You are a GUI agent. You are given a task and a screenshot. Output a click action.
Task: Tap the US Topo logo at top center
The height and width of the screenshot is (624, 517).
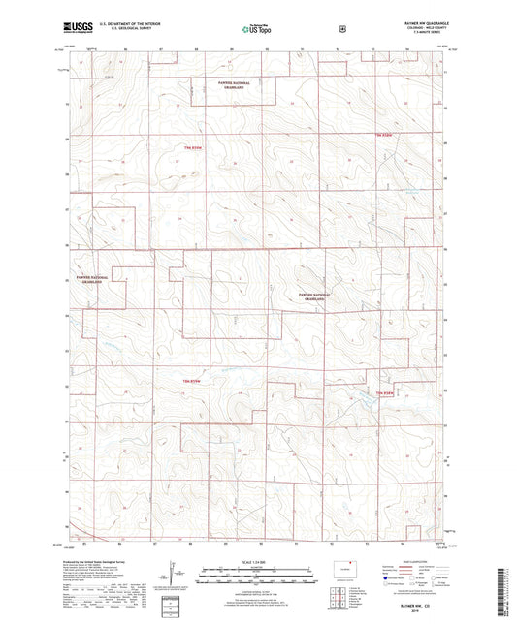point(255,30)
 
